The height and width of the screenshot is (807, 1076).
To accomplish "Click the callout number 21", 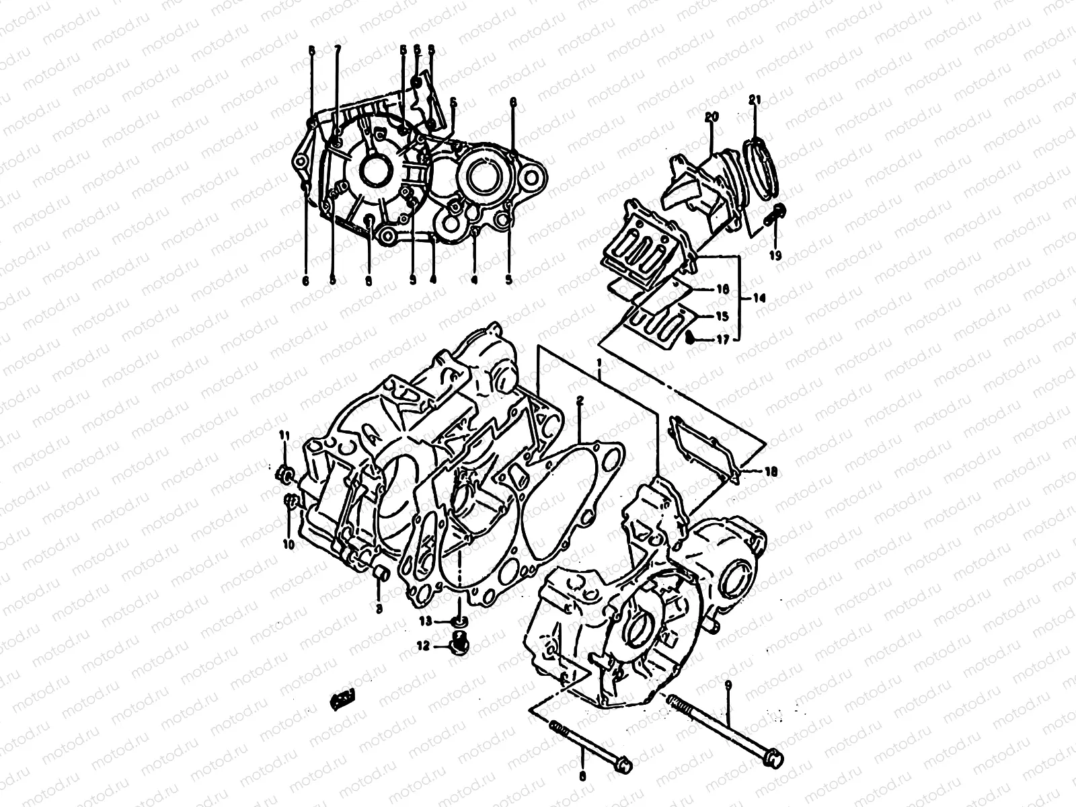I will (755, 101).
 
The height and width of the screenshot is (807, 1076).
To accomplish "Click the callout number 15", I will (722, 315).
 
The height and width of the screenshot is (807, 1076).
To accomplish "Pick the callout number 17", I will (722, 340).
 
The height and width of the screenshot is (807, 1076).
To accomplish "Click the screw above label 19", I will (777, 213).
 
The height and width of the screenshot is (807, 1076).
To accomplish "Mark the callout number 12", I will (423, 646).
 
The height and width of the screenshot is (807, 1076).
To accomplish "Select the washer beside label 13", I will (458, 619).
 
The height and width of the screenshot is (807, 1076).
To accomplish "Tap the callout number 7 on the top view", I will (337, 50).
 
